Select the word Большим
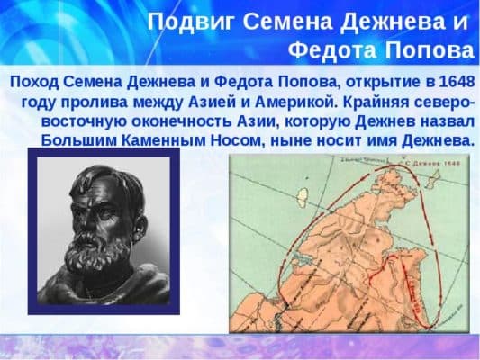point(78,141)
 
